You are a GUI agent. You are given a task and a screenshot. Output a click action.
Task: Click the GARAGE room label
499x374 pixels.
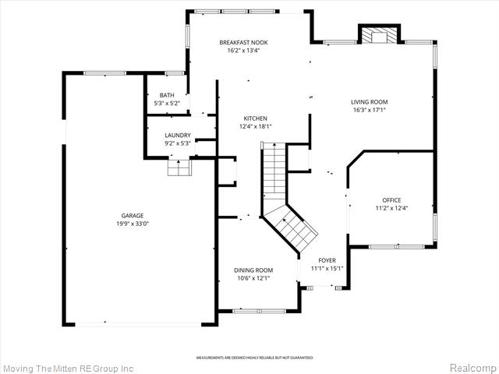point(133,215)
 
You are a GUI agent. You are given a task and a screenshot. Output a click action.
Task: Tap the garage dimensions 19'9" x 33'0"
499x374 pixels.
point(133,224)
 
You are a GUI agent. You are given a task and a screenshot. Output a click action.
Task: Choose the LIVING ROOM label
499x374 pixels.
point(369,102)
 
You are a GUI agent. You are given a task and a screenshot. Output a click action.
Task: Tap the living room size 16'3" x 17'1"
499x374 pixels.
point(369,110)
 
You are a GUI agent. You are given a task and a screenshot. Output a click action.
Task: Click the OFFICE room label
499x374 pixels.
point(391,199)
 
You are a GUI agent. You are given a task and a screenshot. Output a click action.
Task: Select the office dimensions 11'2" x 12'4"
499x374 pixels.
point(391,208)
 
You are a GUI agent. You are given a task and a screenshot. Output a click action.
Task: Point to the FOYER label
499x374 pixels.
point(327,260)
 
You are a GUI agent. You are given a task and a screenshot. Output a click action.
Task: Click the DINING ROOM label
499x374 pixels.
point(253,270)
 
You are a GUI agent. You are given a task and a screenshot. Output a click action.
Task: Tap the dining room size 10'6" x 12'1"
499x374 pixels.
point(253,278)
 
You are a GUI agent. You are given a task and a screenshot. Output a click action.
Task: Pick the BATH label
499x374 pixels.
point(168,95)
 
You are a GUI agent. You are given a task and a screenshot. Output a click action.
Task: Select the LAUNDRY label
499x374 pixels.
point(177,135)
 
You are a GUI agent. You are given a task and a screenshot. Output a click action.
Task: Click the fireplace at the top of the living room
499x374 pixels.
point(379,34)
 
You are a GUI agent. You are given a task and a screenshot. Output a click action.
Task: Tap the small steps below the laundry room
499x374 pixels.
point(180,168)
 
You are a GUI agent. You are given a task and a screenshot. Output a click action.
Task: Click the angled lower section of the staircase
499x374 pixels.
point(292,226)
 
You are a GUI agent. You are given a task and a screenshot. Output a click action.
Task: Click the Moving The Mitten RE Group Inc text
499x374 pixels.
point(68,367)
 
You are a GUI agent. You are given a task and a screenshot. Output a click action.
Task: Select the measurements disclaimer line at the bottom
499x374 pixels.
point(254,357)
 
